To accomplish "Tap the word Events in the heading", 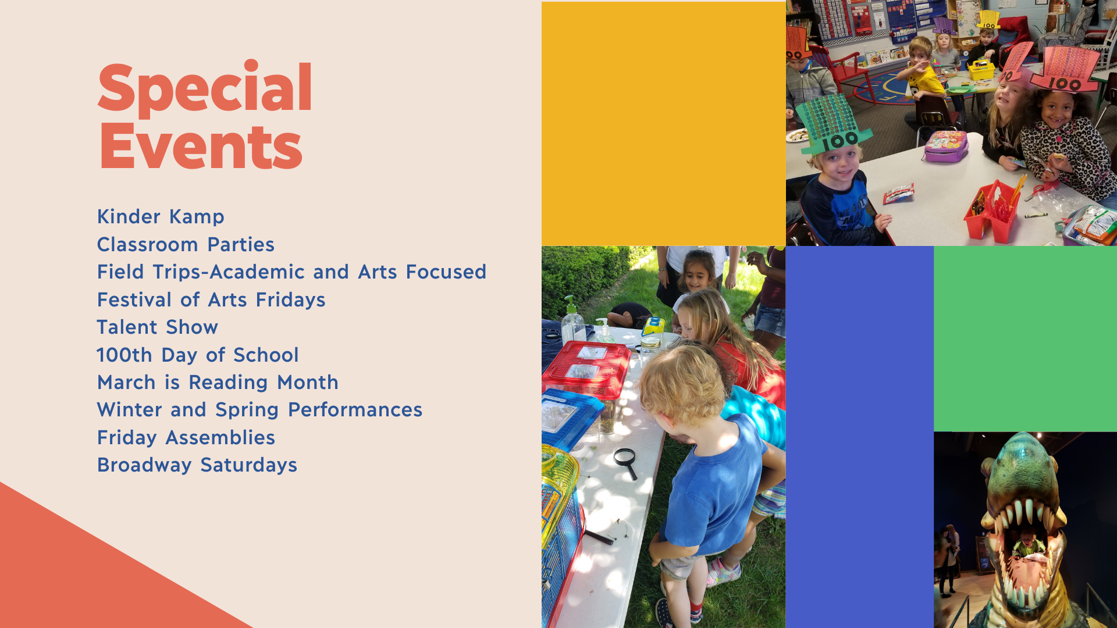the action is coord(200,146).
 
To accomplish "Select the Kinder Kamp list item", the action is coord(161,217).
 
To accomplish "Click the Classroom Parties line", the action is coord(186,244).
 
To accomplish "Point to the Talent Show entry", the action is coord(157,327).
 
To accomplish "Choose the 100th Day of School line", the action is coord(198,355).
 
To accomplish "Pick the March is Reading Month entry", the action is coord(218,382).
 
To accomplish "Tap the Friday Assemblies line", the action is coord(186,437).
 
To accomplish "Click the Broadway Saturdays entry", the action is coord(197,465).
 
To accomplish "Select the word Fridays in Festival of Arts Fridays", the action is coord(291,300).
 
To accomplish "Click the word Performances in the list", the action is coord(355,410).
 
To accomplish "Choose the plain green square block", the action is coord(1025,338).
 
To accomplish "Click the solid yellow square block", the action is coord(664,124).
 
